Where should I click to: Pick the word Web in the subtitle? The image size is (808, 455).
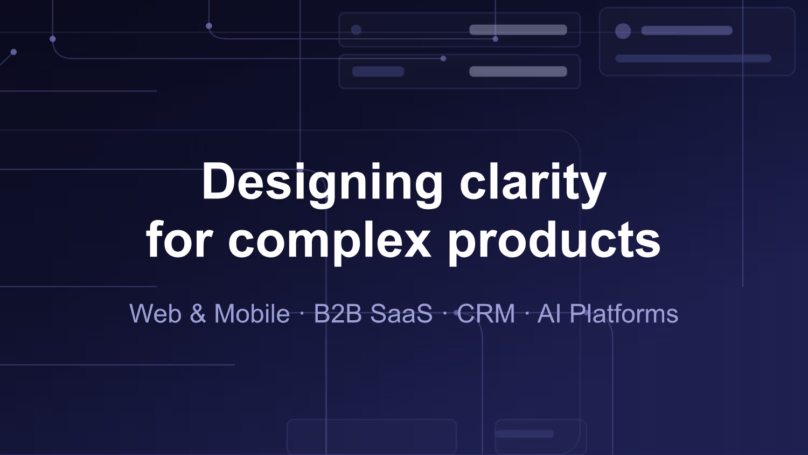(156, 313)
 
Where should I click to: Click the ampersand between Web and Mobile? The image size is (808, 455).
(198, 313)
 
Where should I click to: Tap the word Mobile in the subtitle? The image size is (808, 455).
(252, 313)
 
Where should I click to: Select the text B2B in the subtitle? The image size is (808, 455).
(338, 313)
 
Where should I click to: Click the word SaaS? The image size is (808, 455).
(401, 313)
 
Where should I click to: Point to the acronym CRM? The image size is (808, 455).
(486, 313)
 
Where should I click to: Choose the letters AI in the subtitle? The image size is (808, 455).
(549, 313)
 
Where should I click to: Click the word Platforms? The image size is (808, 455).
(624, 313)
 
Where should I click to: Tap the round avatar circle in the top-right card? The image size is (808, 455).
(623, 31)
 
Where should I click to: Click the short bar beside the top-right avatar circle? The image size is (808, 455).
(687, 30)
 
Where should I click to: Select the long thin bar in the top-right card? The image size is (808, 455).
(693, 58)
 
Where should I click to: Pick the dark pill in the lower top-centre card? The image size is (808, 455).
(378, 71)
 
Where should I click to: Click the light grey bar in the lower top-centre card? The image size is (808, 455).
(518, 71)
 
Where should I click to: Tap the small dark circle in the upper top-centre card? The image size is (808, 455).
(356, 30)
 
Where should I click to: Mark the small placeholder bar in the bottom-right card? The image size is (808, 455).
(525, 433)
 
